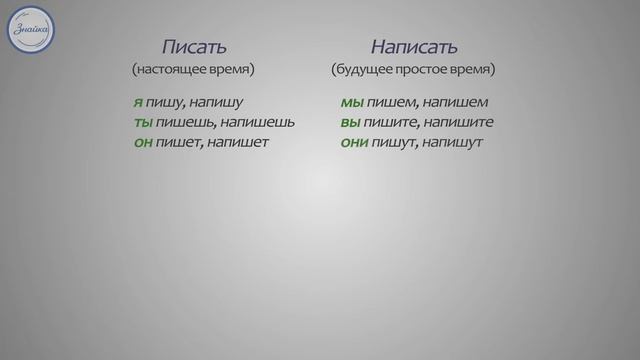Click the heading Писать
[x=194, y=46]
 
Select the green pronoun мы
[x=351, y=103]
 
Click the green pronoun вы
[x=350, y=122]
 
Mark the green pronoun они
[x=355, y=142]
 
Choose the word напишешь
[x=257, y=122]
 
